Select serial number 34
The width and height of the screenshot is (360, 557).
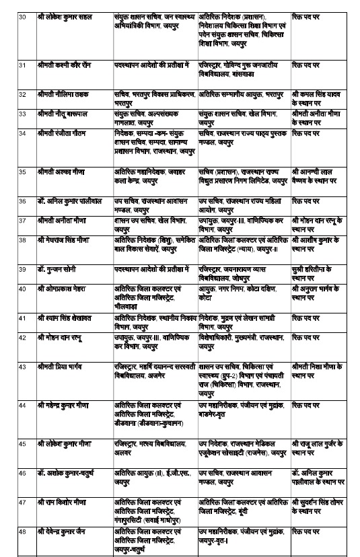pos(22,134)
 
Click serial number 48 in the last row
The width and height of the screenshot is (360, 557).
pos(22,522)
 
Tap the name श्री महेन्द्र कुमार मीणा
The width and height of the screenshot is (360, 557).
pos(68,406)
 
